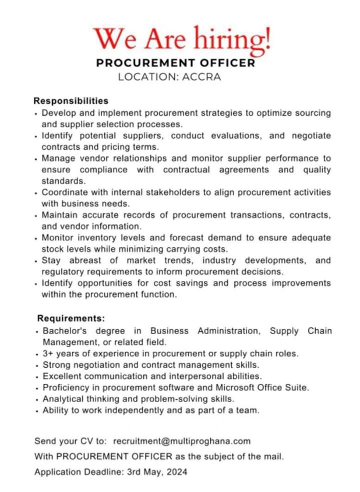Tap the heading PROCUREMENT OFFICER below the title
coord(175,63)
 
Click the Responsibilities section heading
coord(71,101)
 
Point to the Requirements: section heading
coord(71,318)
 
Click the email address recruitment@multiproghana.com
coord(182,441)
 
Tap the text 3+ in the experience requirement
coord(48,353)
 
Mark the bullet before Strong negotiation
coord(37,366)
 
